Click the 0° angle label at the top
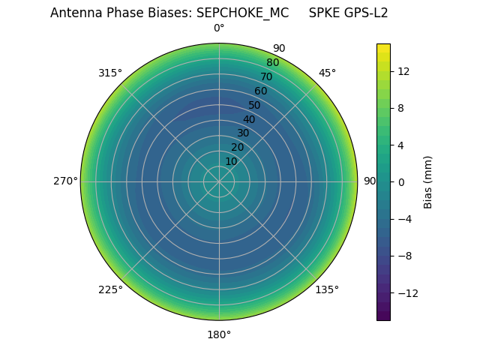pyautogui.click(x=219, y=28)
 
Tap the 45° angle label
pyautogui.click(x=327, y=73)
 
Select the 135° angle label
pyautogui.click(x=327, y=289)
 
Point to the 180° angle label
pyautogui.click(x=219, y=334)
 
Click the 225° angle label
pyautogui.click(x=110, y=289)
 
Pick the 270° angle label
pyautogui.click(x=65, y=181)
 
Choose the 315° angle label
pyautogui.click(x=110, y=73)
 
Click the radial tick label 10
pyautogui.click(x=232, y=161)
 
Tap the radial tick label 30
pyautogui.click(x=243, y=133)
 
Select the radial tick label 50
pyautogui.click(x=255, y=105)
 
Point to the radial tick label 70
pyautogui.click(x=267, y=76)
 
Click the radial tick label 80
pyautogui.click(x=273, y=63)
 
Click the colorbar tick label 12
pyautogui.click(x=403, y=71)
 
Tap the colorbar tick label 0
pyautogui.click(x=401, y=181)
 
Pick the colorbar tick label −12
pyautogui.click(x=408, y=292)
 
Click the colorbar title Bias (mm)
pyautogui.click(x=428, y=181)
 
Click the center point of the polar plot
pyautogui.click(x=219, y=181)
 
